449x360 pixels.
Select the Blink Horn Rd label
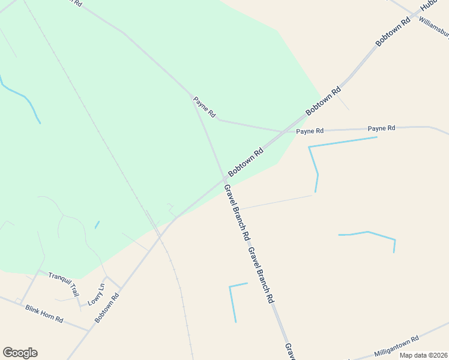44,313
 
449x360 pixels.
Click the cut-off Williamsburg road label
434,26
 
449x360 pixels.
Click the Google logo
20,353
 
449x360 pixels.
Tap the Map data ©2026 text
423,355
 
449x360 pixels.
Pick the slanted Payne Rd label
204,107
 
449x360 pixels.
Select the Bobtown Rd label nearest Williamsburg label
393,32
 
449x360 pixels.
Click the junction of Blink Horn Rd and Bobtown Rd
90,330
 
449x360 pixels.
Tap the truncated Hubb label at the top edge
430,4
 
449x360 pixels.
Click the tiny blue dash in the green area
97,225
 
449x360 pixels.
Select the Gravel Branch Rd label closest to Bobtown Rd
237,212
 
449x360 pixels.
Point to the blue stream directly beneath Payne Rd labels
342,142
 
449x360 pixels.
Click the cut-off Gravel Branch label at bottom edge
289,352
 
